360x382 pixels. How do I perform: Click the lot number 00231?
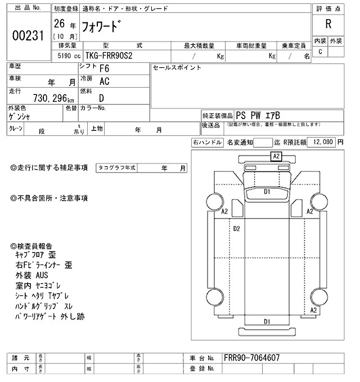pyautogui.click(x=28, y=35)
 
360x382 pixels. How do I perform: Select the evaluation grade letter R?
pyautogui.click(x=328, y=24)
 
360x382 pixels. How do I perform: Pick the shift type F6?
pyautogui.click(x=104, y=70)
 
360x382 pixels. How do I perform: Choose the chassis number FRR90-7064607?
pyautogui.click(x=251, y=358)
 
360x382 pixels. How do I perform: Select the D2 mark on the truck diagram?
pyautogui.click(x=237, y=229)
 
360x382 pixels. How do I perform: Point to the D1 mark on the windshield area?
pyautogui.click(x=267, y=192)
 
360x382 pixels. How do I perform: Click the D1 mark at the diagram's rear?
pyautogui.click(x=267, y=321)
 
